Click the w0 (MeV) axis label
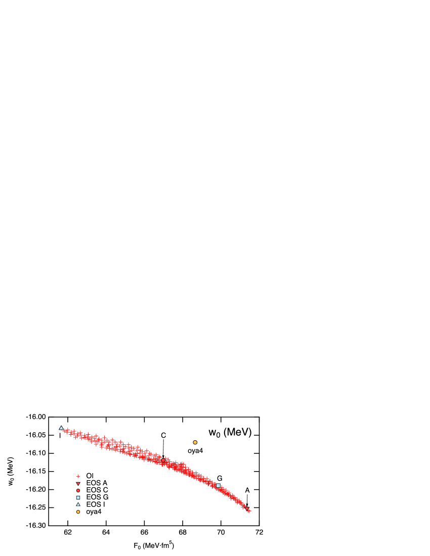[x=230, y=433]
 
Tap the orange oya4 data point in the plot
[x=195, y=442]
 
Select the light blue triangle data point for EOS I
[x=61, y=428]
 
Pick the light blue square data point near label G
[x=218, y=486]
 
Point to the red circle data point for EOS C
[x=163, y=460]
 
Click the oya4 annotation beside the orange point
[x=195, y=451]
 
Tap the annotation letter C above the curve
[x=163, y=436]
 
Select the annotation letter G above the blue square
[x=220, y=478]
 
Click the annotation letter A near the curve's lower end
[x=247, y=490]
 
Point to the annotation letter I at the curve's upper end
[x=60, y=436]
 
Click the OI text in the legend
[x=90, y=476]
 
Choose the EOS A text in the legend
[x=97, y=483]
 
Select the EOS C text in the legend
[x=97, y=490]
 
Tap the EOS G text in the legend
[x=97, y=497]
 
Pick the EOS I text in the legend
[x=96, y=504]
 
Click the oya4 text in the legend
[x=94, y=512]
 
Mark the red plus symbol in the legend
[x=78, y=476]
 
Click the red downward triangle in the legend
[x=78, y=484]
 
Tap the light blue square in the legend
[x=78, y=497]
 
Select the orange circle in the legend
[x=78, y=512]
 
